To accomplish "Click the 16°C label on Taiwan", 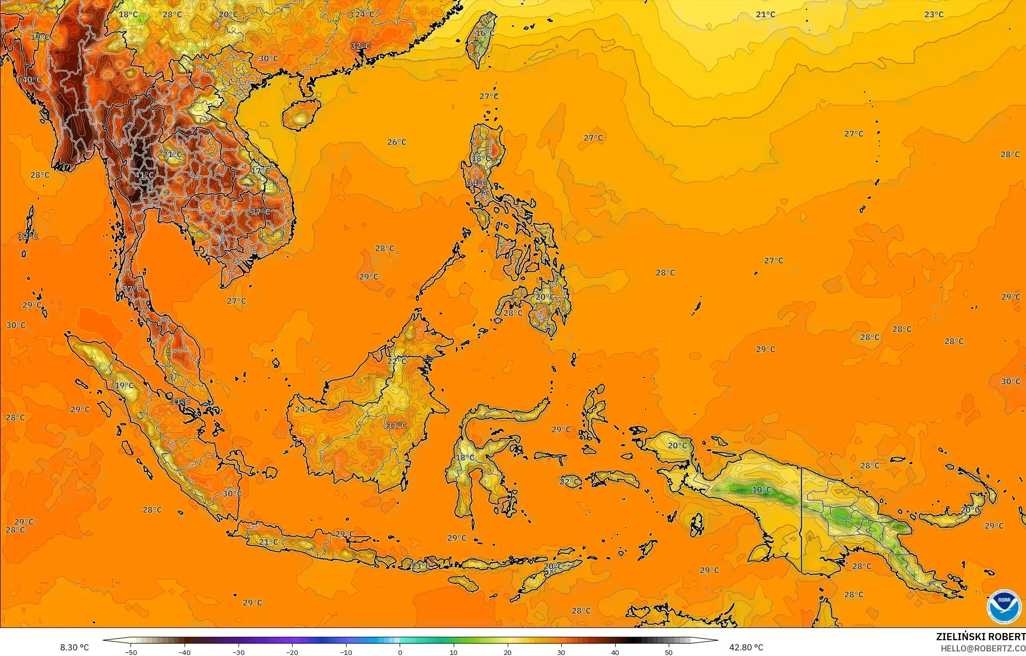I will click(485, 34).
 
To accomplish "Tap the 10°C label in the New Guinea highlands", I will click(761, 490).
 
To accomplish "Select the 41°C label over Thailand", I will click(144, 175).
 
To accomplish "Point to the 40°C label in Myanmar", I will click(32, 80).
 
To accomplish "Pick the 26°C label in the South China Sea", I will click(397, 142).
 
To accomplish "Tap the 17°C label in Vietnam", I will click(260, 171).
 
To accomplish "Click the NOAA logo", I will click(1004, 607).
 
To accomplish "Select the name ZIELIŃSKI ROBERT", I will click(981, 637).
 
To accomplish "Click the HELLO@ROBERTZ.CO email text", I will click(983, 648).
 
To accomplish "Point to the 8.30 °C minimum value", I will click(74, 647).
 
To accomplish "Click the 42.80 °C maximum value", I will click(746, 647).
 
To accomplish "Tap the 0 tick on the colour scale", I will click(400, 652).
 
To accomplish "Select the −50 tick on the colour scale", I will click(131, 652).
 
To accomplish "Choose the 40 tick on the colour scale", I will click(615, 652).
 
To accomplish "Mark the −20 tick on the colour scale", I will click(292, 652).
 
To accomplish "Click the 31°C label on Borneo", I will click(397, 426).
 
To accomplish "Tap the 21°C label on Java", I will click(269, 542).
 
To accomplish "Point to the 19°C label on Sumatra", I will click(124, 385).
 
